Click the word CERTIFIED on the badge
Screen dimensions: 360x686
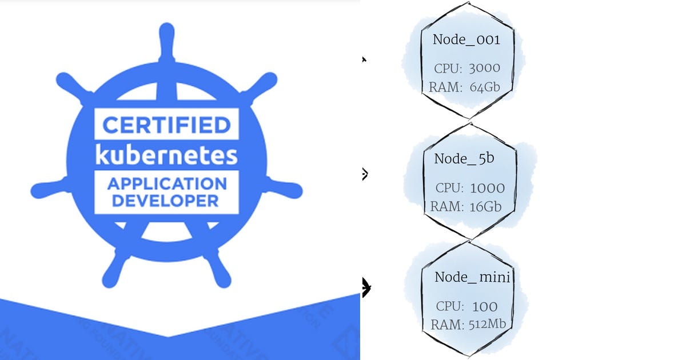[166, 124]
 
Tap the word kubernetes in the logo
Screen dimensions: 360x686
[166, 155]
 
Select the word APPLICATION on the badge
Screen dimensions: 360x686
[166, 184]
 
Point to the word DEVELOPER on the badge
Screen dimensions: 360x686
[166, 201]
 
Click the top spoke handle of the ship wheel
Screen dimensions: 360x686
[166, 40]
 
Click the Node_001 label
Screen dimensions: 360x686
[466, 39]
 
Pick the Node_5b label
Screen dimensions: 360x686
[464, 158]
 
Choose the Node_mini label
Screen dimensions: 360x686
[472, 277]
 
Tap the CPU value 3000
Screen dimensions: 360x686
[484, 68]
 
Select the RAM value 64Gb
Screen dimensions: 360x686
[485, 87]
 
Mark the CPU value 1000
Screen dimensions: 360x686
[487, 188]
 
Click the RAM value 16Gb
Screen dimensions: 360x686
[485, 206]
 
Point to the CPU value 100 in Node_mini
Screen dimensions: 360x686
[485, 306]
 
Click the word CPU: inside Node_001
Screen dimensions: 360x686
[448, 69]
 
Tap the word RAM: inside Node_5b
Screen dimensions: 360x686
[447, 206]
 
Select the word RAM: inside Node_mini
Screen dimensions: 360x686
[447, 325]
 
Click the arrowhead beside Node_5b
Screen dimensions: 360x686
[364, 174]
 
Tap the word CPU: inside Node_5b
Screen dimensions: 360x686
[449, 188]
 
